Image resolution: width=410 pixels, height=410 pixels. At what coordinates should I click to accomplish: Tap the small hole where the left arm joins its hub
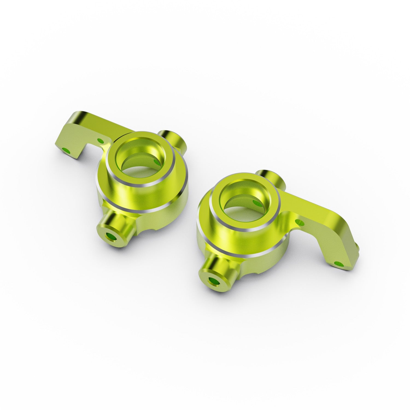click(x=100, y=141)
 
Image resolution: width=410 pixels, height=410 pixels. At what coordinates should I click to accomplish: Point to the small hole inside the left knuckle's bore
click(x=157, y=162)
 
